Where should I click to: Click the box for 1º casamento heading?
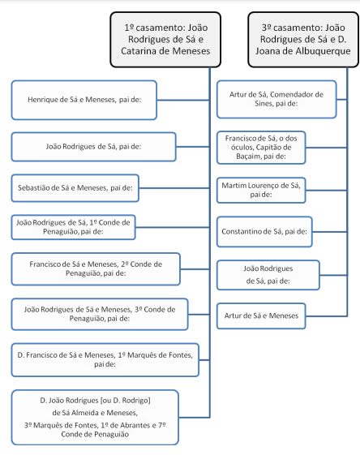click(x=165, y=40)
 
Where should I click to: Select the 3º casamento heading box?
click(x=303, y=40)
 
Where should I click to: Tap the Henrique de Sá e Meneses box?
click(x=84, y=100)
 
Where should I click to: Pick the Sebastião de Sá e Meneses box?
click(x=75, y=188)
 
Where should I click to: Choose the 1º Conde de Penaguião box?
click(x=74, y=227)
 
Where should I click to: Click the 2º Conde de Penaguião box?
click(x=96, y=269)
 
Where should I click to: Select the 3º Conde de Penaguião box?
click(x=100, y=314)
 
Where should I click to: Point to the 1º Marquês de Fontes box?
click(x=105, y=360)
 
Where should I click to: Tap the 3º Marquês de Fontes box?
click(x=95, y=417)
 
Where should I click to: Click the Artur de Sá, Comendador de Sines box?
click(x=276, y=99)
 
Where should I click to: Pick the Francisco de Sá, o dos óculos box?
click(x=261, y=148)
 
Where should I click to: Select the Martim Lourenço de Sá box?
click(x=261, y=190)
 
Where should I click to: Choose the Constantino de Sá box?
click(x=264, y=232)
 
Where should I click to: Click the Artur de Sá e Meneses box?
click(x=261, y=316)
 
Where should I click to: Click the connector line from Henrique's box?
click(x=183, y=100)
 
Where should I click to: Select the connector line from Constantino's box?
click(x=329, y=232)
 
